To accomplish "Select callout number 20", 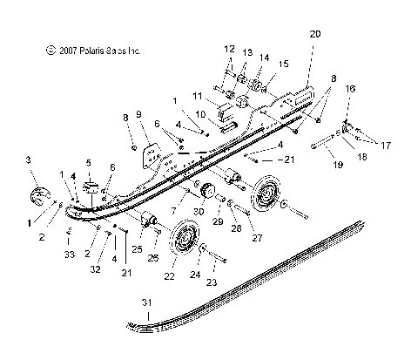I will (x=314, y=34).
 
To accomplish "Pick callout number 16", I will (x=351, y=89).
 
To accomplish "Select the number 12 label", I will (x=230, y=48).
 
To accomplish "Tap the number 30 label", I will (x=199, y=211).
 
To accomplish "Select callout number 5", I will (x=88, y=163).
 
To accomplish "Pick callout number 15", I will (x=282, y=65).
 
